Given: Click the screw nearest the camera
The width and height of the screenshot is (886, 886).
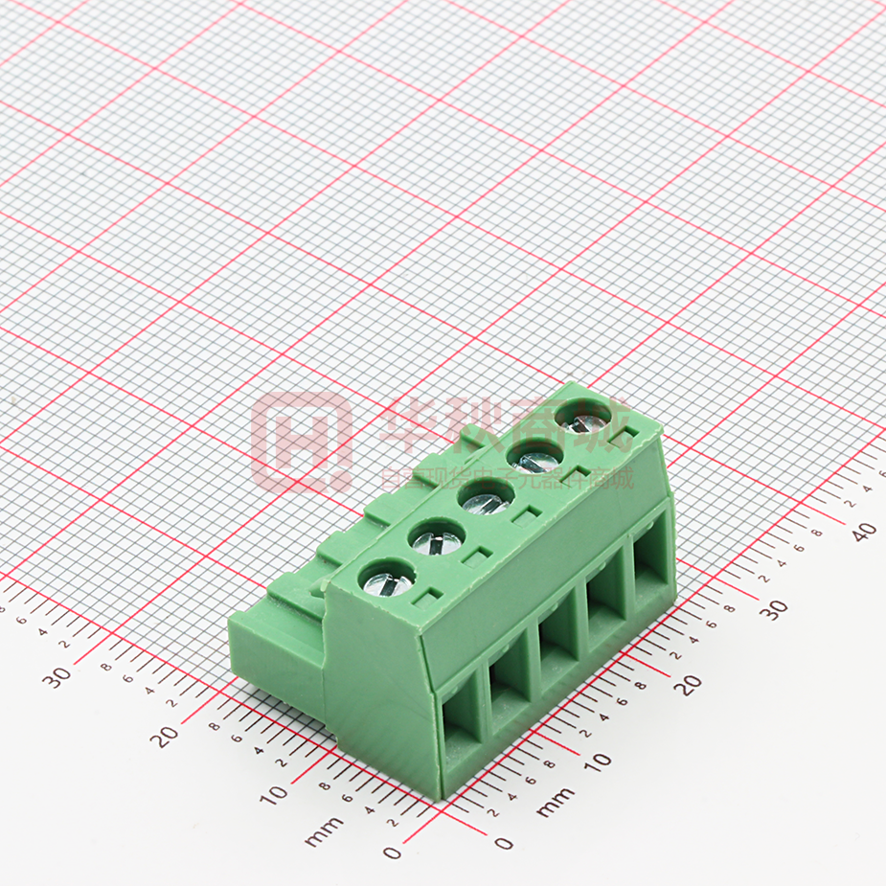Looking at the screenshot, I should point(386,580).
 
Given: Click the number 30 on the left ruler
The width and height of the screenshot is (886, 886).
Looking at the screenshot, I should point(59,676).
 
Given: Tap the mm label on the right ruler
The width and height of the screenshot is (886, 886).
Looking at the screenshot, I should point(557,803).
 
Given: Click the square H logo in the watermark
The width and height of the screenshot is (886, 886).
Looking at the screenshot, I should point(301,442).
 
